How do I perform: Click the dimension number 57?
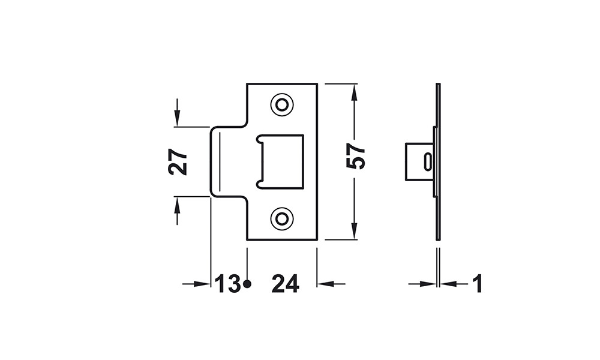pos(356,157)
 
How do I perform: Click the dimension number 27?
pos(178,161)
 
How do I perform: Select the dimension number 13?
pos(228,284)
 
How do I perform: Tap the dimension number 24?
pos(285,284)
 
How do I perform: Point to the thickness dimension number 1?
pos(477,284)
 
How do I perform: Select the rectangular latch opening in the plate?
pos(280,161)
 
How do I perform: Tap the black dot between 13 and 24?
pos(247,284)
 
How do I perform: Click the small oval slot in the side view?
pos(427,161)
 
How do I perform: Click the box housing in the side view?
pos(418,161)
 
